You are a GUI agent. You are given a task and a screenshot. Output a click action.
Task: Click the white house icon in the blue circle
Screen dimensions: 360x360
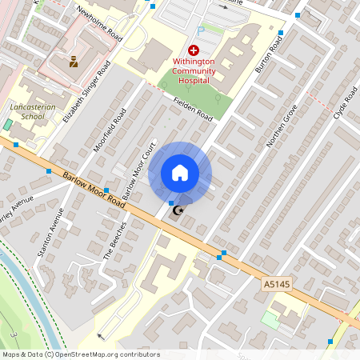point(180,173)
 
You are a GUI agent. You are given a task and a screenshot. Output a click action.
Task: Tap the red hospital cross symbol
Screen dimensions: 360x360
point(193,50)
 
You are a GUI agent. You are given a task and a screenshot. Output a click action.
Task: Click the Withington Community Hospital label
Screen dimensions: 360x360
point(193,70)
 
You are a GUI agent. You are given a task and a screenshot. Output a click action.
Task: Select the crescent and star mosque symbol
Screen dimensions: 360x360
point(178,210)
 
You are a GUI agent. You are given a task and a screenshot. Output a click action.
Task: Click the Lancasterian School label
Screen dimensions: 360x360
point(27,110)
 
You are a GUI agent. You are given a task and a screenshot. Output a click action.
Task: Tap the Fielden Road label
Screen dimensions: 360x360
point(192,110)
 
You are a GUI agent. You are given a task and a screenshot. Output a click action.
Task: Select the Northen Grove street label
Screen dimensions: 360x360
point(282,126)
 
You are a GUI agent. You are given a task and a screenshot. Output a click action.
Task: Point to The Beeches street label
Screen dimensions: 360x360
point(115,241)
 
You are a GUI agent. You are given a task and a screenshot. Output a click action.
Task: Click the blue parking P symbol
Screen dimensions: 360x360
point(200,31)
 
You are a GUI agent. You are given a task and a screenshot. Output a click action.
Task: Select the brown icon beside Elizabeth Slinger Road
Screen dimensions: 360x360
point(74,60)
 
